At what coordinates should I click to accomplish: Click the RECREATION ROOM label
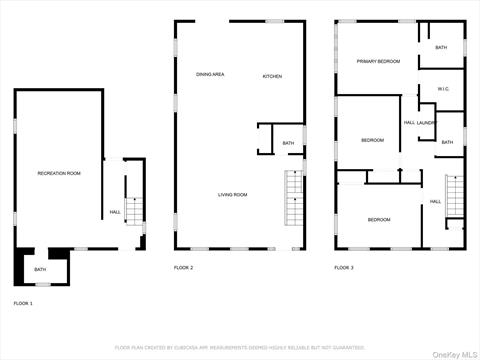click(x=59, y=174)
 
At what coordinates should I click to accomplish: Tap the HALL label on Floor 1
click(x=115, y=212)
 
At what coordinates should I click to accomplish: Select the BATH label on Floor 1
click(x=40, y=269)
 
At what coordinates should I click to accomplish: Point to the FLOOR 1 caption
click(x=23, y=302)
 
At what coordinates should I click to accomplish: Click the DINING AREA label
click(x=210, y=75)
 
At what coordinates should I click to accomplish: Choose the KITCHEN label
click(x=272, y=77)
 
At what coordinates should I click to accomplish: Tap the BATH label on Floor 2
click(x=288, y=143)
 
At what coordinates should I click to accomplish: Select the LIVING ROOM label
click(x=233, y=195)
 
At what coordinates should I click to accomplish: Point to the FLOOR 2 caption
click(x=184, y=268)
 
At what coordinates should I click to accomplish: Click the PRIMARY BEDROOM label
click(x=379, y=62)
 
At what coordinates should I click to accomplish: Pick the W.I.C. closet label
click(x=444, y=89)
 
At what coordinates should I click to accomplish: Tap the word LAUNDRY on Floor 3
click(x=427, y=123)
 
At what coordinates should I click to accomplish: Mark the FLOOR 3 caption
click(x=344, y=268)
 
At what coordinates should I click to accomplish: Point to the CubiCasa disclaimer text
click(x=240, y=348)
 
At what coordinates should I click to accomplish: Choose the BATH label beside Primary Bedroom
click(x=441, y=48)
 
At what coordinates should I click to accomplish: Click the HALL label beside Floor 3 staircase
click(x=435, y=202)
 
